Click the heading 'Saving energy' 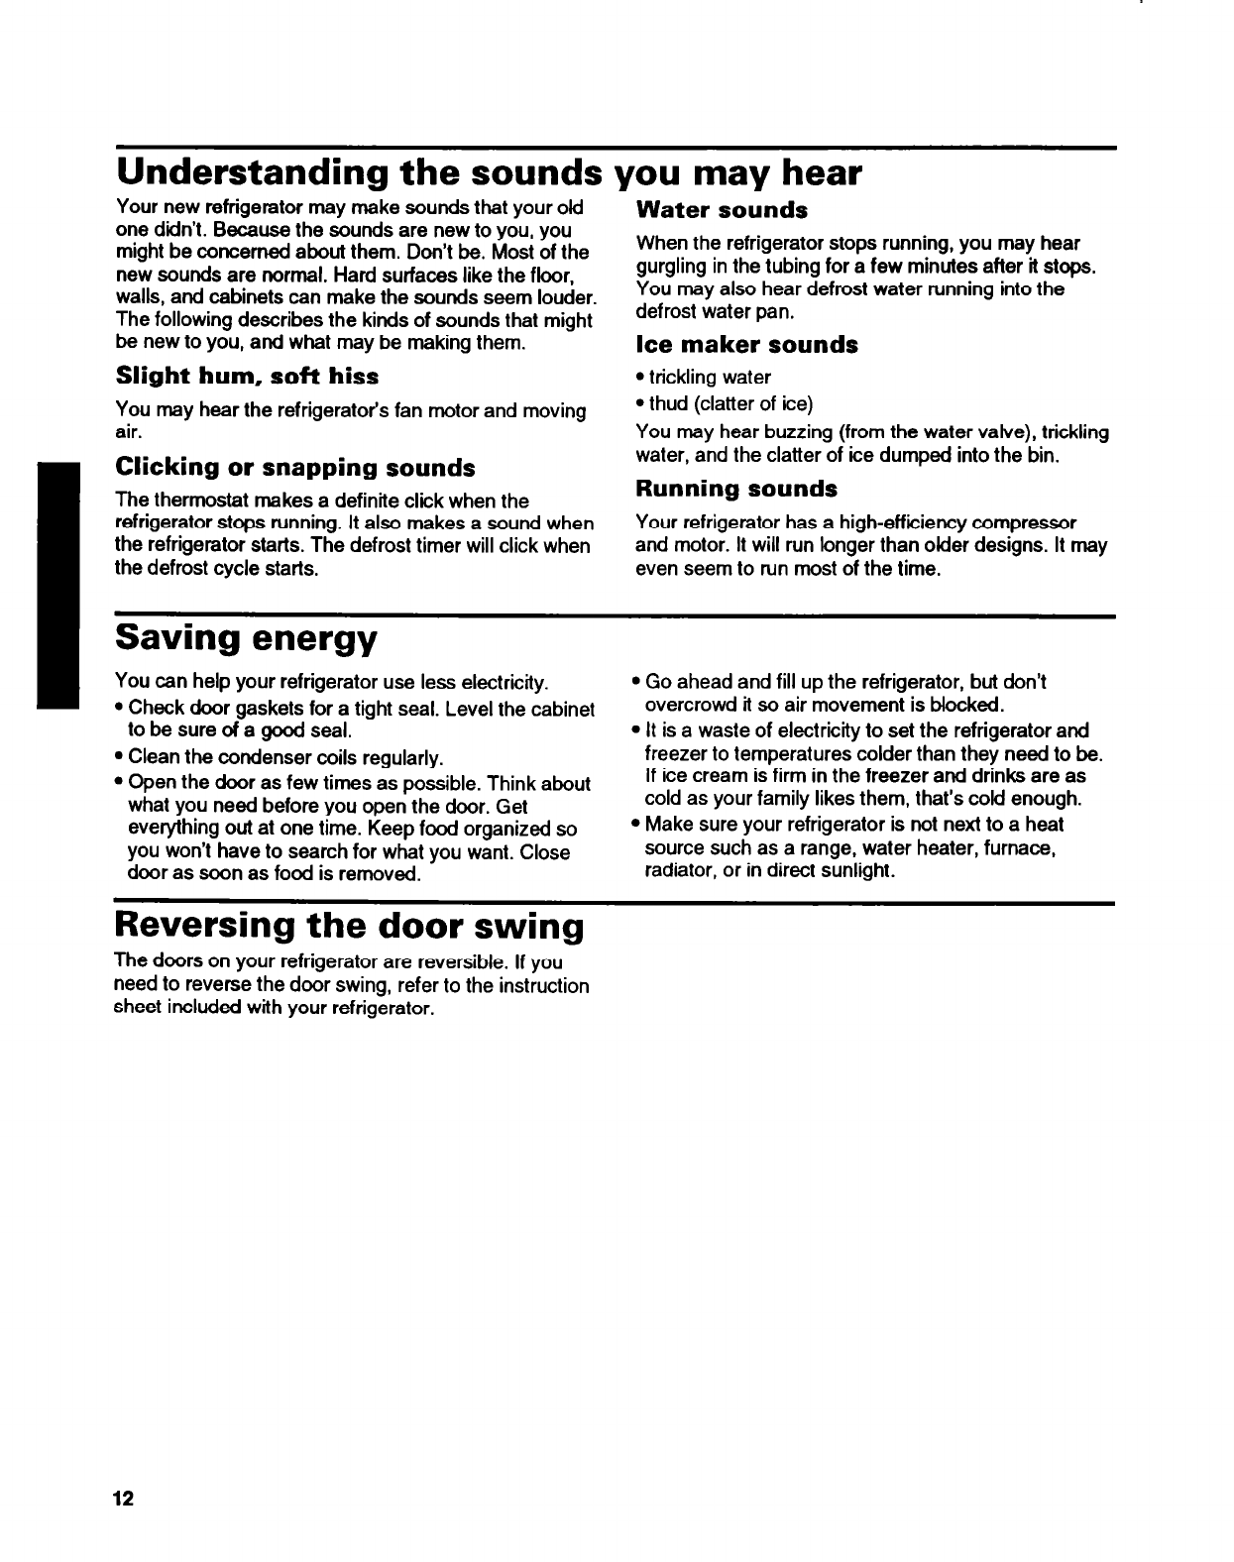(x=247, y=639)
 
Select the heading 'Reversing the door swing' (x=350, y=927)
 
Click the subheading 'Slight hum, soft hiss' (x=247, y=377)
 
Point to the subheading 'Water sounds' (x=722, y=210)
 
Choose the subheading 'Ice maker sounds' (x=746, y=345)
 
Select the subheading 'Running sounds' (x=735, y=489)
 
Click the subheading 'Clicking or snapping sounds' (x=295, y=467)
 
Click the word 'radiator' (x=677, y=871)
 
